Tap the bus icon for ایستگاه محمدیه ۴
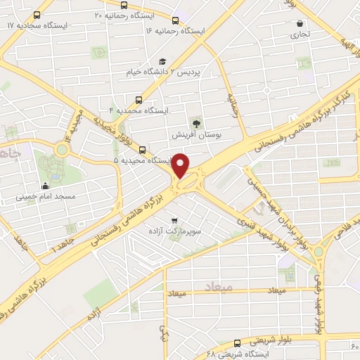tap(138, 100)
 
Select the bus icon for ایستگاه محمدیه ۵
tap(143, 150)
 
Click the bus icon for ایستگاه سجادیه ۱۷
tap(37, 14)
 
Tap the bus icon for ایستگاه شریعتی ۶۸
tap(236, 343)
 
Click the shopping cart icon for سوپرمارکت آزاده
tap(174, 220)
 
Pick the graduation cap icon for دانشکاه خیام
tap(162, 61)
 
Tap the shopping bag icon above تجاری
tap(301, 22)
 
